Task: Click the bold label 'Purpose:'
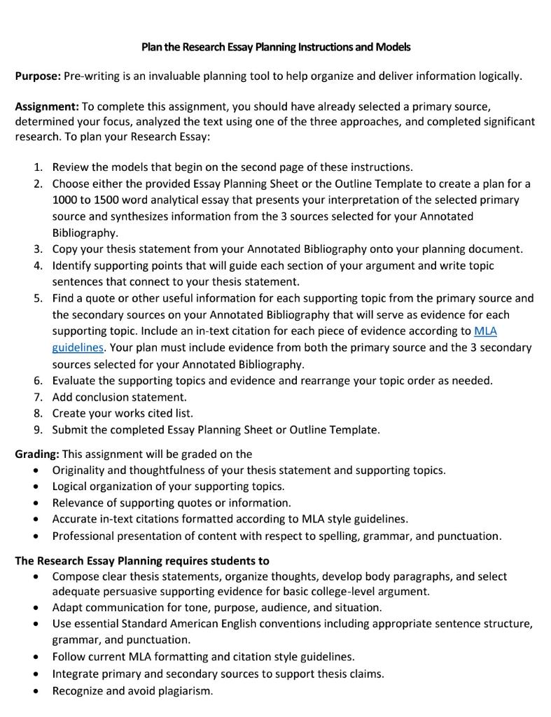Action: (38, 76)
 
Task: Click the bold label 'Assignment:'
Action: (47, 106)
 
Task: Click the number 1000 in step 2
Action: (66, 200)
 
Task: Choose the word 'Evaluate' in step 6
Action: (74, 380)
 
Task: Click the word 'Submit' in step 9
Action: (69, 429)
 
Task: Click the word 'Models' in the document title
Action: (393, 47)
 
